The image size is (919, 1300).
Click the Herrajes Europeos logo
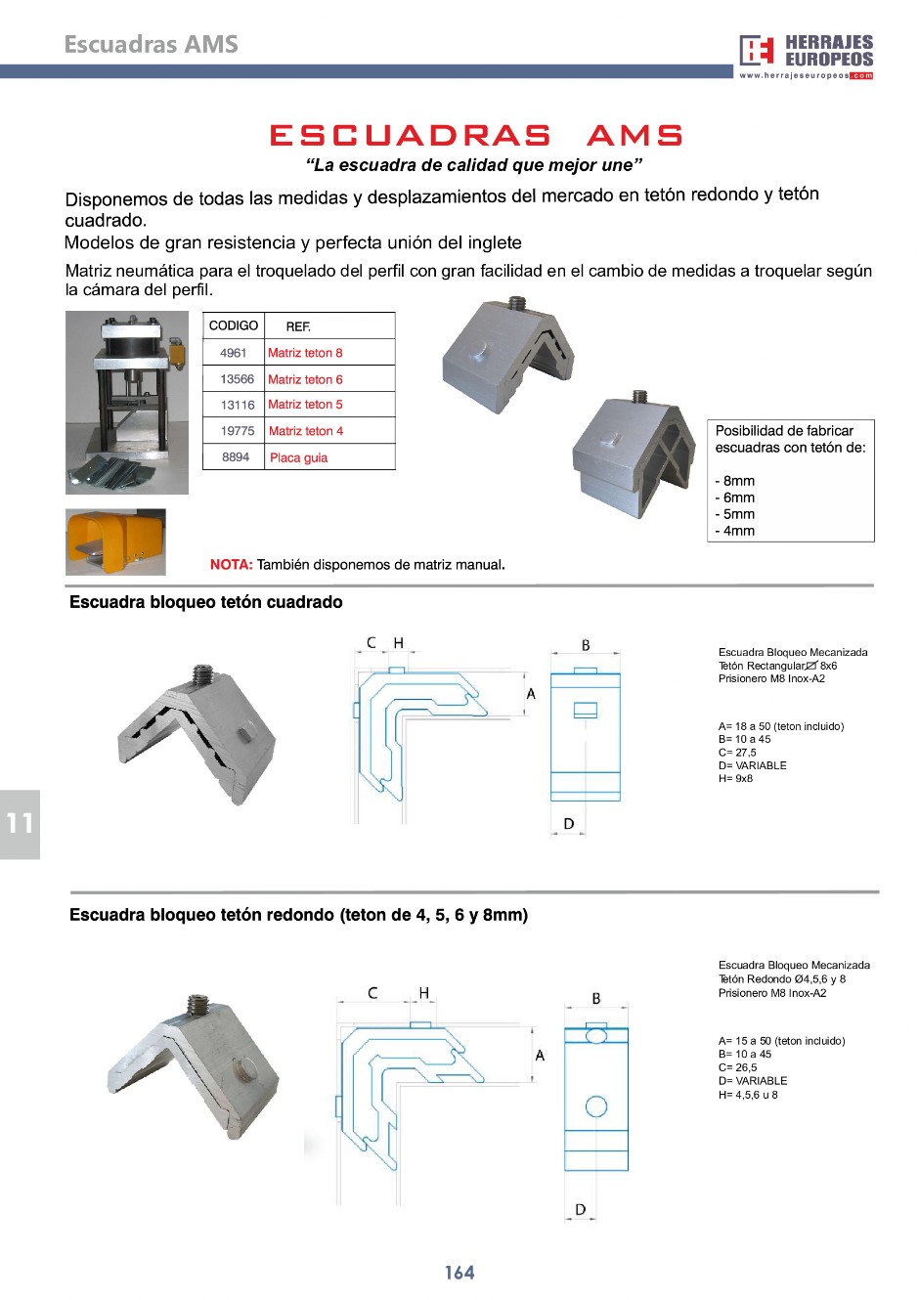pyautogui.click(x=806, y=56)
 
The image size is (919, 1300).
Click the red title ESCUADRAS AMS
pyautogui.click(x=476, y=136)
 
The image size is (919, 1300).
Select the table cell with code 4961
pyautogui.click(x=234, y=353)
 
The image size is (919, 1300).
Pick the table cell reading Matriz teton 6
pyautogui.click(x=305, y=379)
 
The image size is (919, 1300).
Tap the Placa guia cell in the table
pyautogui.click(x=298, y=457)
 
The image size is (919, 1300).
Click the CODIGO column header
pyautogui.click(x=234, y=325)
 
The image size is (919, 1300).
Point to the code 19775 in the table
pyautogui.click(x=238, y=431)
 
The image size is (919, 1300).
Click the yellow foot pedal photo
pyautogui.click(x=115, y=542)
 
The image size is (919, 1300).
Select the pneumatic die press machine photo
pyautogui.click(x=127, y=402)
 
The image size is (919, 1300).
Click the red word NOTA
pyautogui.click(x=231, y=565)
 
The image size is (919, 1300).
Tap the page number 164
pyautogui.click(x=459, y=1273)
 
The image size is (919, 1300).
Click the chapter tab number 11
pyautogui.click(x=20, y=824)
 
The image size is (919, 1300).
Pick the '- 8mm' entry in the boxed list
pyautogui.click(x=735, y=481)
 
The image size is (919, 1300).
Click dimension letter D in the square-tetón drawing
pyautogui.click(x=569, y=824)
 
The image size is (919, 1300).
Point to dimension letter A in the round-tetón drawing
pyautogui.click(x=540, y=1056)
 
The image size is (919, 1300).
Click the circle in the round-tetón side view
pyautogui.click(x=596, y=1106)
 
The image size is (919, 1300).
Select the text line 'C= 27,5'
pyautogui.click(x=737, y=753)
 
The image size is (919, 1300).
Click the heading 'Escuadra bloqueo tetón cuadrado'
pyautogui.click(x=206, y=602)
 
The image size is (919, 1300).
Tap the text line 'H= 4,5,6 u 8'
pyautogui.click(x=748, y=1095)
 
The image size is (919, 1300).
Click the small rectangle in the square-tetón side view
pyautogui.click(x=585, y=711)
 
